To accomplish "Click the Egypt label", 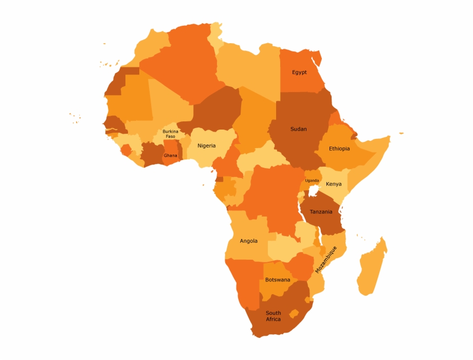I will pyautogui.click(x=299, y=73).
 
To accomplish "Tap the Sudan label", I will pyautogui.click(x=298, y=129).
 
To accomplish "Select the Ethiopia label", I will pyautogui.click(x=339, y=149).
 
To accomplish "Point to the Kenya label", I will pyautogui.click(x=334, y=184).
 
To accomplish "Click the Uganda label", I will pyautogui.click(x=312, y=181).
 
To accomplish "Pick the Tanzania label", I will pyautogui.click(x=321, y=212).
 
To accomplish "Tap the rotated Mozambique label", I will pyautogui.click(x=326, y=259).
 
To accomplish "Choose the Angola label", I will pyautogui.click(x=249, y=241).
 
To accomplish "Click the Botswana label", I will pyautogui.click(x=278, y=280).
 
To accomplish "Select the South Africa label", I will pyautogui.click(x=274, y=316).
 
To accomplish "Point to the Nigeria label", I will pyautogui.click(x=207, y=146).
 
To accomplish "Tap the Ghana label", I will pyautogui.click(x=170, y=155).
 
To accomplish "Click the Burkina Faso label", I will pyautogui.click(x=170, y=134).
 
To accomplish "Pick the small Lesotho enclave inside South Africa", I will pyautogui.click(x=294, y=313).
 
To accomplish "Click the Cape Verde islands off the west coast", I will pyautogui.click(x=75, y=118).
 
